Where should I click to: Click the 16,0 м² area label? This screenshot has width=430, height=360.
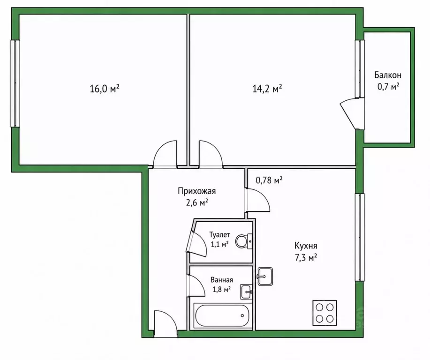(x=105, y=89)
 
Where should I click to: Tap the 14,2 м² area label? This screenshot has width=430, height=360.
(x=267, y=89)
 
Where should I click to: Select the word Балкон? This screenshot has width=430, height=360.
(x=388, y=75)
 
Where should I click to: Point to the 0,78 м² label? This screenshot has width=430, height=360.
(x=269, y=180)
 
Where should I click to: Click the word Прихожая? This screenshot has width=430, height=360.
(x=196, y=191)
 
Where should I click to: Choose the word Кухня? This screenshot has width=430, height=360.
(x=306, y=246)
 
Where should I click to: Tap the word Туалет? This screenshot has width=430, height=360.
(x=219, y=235)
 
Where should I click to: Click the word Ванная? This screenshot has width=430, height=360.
(x=222, y=280)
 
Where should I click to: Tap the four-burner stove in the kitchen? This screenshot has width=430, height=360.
(x=324, y=313)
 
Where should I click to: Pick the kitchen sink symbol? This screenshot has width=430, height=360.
(x=264, y=277)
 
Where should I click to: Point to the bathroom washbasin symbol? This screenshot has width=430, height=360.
(x=246, y=292)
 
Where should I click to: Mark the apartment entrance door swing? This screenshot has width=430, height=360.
(x=165, y=323)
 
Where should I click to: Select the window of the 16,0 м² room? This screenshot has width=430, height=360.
(x=15, y=83)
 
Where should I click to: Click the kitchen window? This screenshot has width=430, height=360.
(x=360, y=237)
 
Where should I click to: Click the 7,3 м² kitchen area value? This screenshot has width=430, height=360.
(x=306, y=258)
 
